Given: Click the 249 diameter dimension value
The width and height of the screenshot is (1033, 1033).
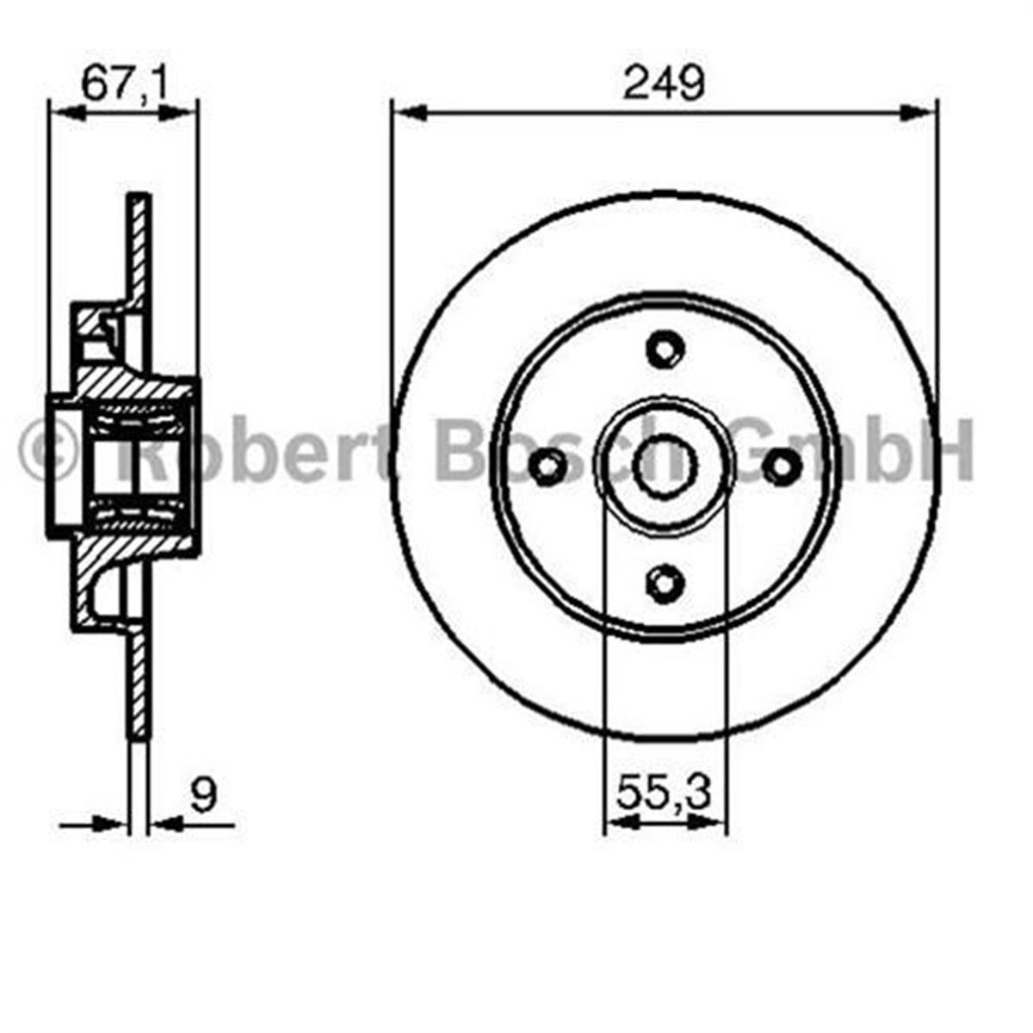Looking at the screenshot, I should point(664,84).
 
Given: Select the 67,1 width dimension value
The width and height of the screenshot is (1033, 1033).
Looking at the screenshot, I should point(123,84).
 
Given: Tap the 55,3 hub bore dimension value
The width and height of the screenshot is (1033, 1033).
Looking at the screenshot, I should point(664,793).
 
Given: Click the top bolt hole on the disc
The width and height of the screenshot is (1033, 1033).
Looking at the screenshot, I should point(664,349).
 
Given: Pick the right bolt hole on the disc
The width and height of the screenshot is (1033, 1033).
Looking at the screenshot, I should point(781,467).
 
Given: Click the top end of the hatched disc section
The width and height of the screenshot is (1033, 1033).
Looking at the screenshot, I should point(139,200).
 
